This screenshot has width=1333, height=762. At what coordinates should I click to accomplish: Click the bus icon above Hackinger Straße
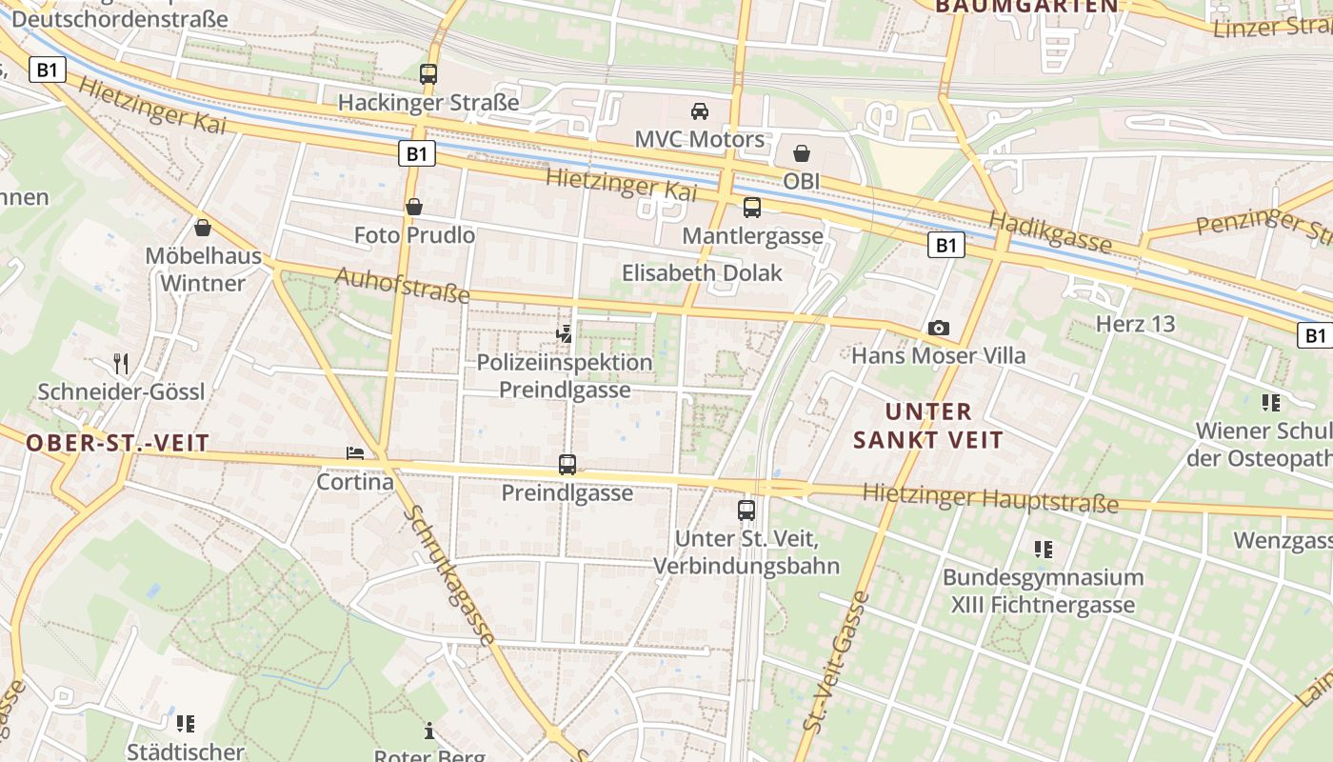(x=428, y=73)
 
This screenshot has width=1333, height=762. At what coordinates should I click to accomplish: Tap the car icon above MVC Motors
(x=700, y=111)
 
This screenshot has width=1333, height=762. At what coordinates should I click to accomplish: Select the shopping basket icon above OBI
(x=802, y=153)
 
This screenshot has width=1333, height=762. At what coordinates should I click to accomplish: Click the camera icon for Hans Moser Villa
(x=939, y=329)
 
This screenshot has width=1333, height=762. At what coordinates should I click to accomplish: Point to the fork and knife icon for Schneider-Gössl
(x=121, y=363)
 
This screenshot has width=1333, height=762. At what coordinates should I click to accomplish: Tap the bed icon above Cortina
(x=355, y=453)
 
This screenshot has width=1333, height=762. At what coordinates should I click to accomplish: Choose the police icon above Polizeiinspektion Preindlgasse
(x=566, y=333)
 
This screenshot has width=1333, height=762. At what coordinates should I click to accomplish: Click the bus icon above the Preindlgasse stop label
(x=567, y=465)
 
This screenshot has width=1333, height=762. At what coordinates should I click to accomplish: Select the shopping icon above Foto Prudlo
(x=414, y=207)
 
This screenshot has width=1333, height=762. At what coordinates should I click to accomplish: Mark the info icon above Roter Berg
(x=429, y=731)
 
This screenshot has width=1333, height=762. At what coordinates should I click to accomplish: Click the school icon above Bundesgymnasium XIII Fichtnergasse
(x=1044, y=550)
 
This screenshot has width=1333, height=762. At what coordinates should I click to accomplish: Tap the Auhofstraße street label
(x=403, y=286)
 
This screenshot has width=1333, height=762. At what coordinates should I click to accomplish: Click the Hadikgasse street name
(x=1049, y=232)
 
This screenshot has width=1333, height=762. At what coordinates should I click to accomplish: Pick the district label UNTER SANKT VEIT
(x=928, y=426)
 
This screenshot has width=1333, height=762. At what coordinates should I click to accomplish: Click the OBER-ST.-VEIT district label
(x=116, y=443)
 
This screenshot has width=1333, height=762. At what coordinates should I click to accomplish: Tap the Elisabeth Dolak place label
(x=702, y=273)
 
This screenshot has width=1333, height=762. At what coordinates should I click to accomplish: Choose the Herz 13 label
(x=1135, y=324)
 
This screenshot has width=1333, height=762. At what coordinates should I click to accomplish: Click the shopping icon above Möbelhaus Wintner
(x=202, y=229)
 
